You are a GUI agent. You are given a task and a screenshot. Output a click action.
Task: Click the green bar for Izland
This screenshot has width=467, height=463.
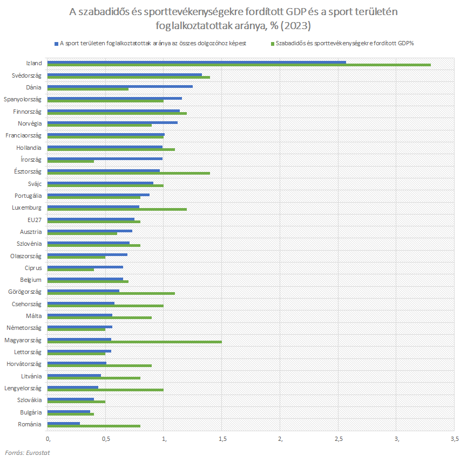pyautogui.click(x=240, y=65)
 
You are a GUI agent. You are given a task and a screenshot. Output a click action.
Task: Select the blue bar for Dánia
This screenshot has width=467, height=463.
pyautogui.click(x=120, y=86)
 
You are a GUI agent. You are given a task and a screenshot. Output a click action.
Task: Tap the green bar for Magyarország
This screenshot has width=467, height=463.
pyautogui.click(x=135, y=342)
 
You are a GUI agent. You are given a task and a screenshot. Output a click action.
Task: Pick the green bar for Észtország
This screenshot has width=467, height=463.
pyautogui.click(x=129, y=173)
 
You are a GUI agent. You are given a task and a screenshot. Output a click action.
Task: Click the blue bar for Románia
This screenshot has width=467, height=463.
pyautogui.click(x=64, y=423)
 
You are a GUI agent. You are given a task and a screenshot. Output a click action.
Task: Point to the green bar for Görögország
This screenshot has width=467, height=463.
pyautogui.click(x=112, y=293)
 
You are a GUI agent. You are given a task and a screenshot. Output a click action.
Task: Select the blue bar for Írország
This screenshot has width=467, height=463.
pyautogui.click(x=105, y=158)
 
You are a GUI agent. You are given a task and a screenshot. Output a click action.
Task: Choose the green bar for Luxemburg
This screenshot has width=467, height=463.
pyautogui.click(x=118, y=209)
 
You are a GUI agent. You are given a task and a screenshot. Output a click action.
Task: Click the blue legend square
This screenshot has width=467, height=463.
pyautogui.click(x=56, y=43)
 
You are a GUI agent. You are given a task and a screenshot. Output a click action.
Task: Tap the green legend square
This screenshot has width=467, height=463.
pyautogui.click(x=273, y=43)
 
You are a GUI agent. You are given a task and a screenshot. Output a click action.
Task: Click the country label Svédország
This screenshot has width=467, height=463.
pyautogui.click(x=26, y=75)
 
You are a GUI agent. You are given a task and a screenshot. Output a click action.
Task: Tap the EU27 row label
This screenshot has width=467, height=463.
pyautogui.click(x=34, y=220)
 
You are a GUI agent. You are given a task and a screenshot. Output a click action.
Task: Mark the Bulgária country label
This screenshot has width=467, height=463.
pyautogui.click(x=30, y=412)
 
